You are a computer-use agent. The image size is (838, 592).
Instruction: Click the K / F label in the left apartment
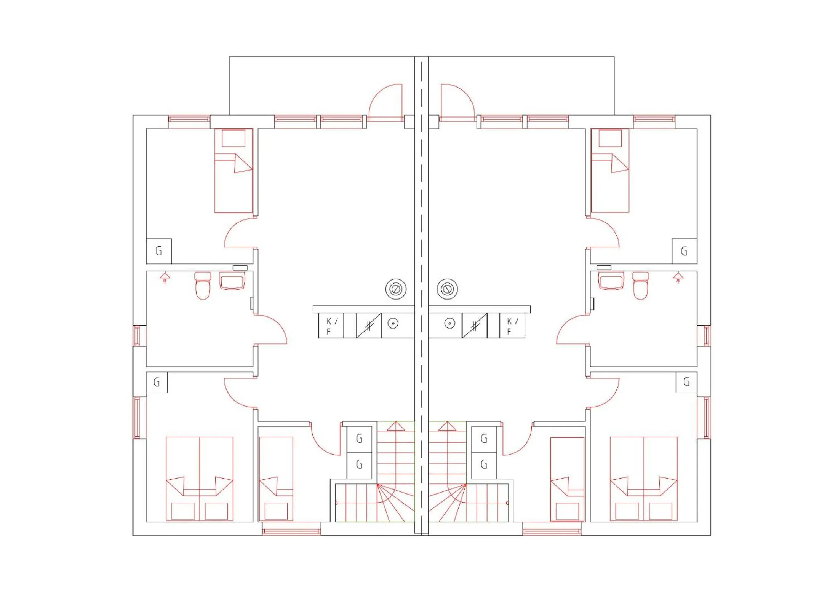click(331, 326)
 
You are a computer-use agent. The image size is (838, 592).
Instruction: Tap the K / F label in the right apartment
click(512, 326)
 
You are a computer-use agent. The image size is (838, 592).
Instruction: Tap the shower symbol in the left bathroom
click(165, 277)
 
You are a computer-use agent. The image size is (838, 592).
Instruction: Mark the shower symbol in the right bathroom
click(678, 277)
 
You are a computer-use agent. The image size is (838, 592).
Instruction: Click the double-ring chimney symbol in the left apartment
click(396, 289)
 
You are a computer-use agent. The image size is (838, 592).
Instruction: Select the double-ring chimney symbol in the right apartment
click(447, 289)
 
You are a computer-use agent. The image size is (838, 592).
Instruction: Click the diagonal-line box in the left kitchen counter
click(368, 326)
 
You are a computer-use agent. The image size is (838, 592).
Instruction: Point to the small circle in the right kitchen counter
click(450, 324)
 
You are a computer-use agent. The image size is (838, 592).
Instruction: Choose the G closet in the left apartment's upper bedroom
click(159, 251)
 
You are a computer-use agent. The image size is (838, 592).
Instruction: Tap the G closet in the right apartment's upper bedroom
click(684, 251)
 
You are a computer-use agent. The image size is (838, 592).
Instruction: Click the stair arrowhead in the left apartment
click(396, 426)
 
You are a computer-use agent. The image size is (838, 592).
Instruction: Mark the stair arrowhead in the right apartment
click(447, 426)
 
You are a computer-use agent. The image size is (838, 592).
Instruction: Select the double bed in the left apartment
click(200, 479)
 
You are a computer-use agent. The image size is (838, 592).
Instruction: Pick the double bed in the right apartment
click(644, 479)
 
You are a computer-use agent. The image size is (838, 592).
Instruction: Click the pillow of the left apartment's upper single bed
click(233, 138)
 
